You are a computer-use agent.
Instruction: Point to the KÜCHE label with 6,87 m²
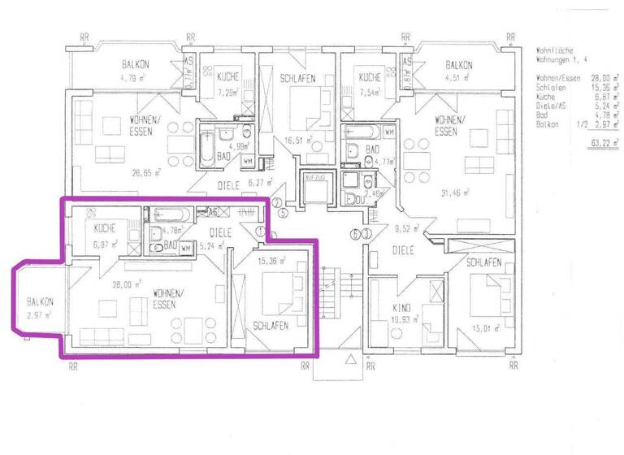tap(106, 228)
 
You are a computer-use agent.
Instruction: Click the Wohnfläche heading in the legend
tap(557, 49)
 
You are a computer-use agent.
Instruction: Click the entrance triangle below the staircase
tap(350, 357)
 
